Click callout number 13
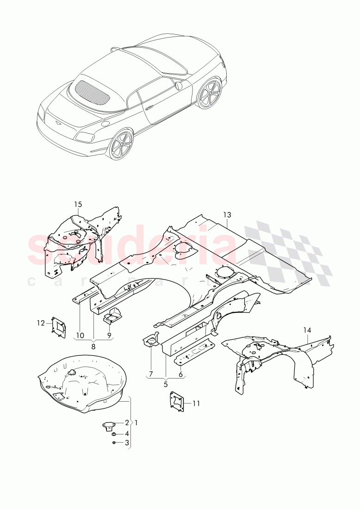[226, 215]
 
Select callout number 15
[78, 204]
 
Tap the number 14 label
[308, 330]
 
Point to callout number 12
[41, 323]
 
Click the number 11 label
[196, 403]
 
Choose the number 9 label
[109, 335]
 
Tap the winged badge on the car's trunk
[59, 124]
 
